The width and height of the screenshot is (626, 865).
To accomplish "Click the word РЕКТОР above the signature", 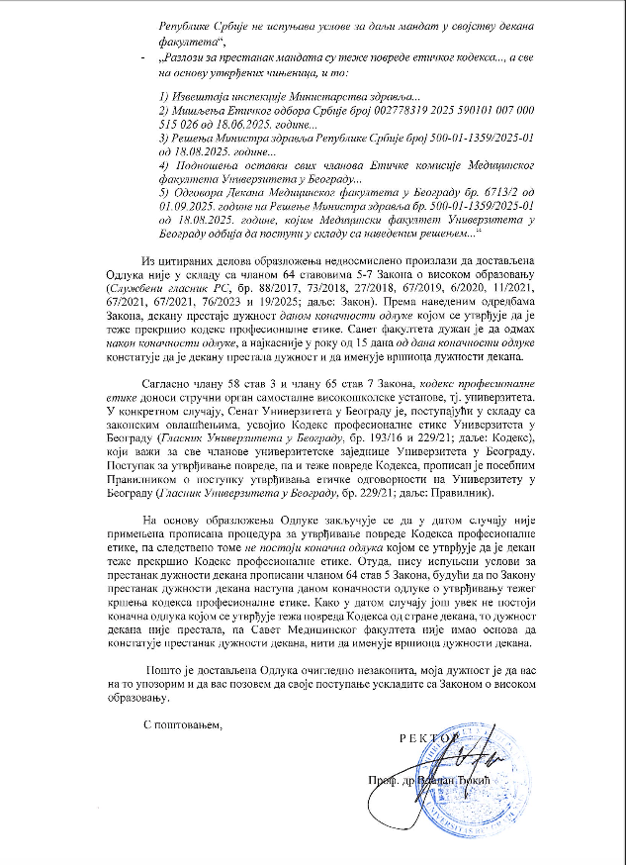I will point(427,737).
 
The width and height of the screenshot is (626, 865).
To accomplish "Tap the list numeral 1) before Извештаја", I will point(165,95).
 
